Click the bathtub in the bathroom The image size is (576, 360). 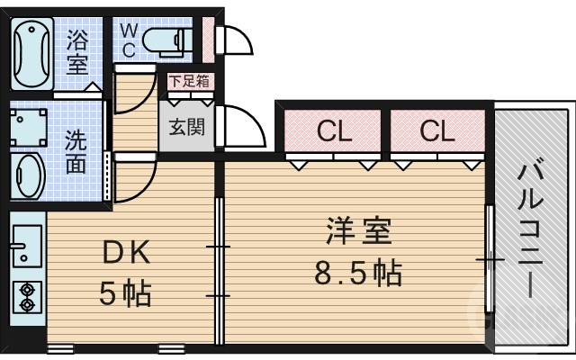coord(31,51)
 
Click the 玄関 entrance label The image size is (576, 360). coord(187,125)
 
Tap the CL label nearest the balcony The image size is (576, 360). coord(437,132)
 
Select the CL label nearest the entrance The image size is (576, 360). coord(333,132)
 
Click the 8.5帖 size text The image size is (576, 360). coord(357,271)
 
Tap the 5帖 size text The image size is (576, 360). coord(124,294)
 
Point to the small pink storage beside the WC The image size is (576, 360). coord(208,39)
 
